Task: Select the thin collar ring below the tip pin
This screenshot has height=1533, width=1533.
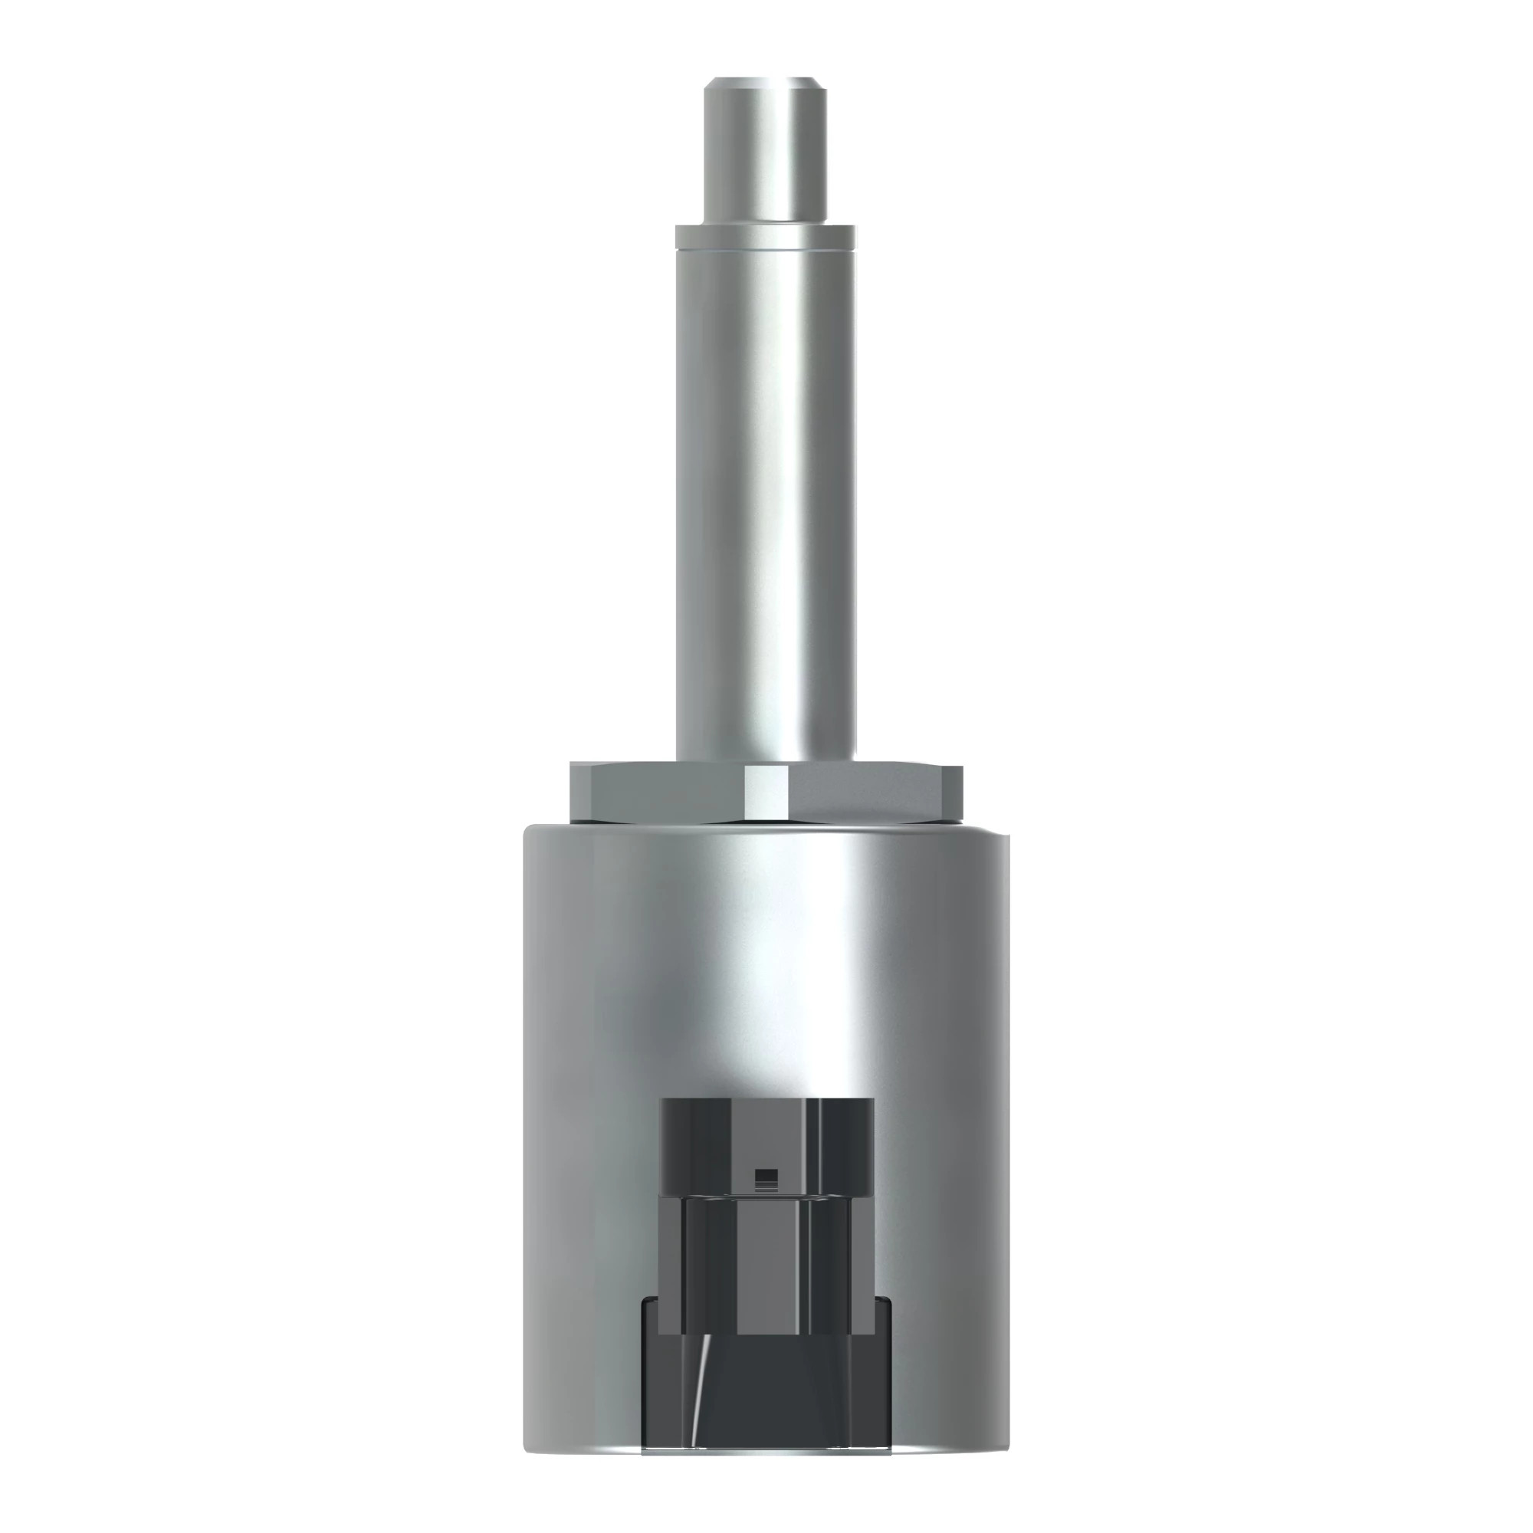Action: pos(766,236)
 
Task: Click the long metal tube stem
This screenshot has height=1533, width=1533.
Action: pos(766,492)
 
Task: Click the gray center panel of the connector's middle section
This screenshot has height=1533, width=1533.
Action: pos(766,1262)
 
